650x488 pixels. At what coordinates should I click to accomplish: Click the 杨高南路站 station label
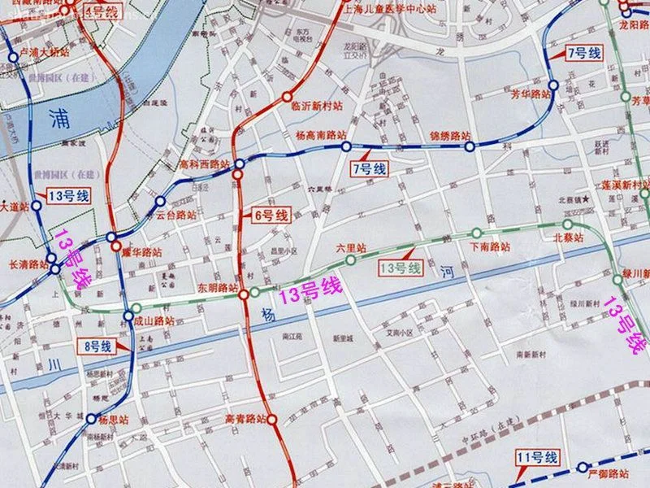click(320, 135)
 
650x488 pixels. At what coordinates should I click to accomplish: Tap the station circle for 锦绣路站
click(469, 146)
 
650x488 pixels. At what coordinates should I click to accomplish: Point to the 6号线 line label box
click(271, 216)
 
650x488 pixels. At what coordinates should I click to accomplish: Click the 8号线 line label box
click(97, 346)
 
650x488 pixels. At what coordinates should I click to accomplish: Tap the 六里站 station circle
click(351, 259)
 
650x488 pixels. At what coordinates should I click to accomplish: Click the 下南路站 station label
click(490, 246)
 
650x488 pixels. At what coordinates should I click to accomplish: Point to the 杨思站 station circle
click(91, 419)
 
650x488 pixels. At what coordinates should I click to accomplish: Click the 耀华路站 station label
click(142, 252)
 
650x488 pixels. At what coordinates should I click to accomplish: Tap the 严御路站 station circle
click(583, 467)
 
